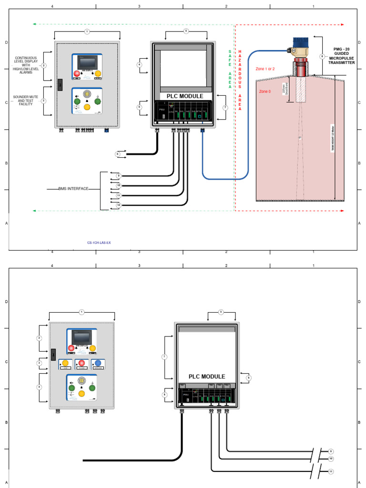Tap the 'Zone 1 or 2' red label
pos(265,69)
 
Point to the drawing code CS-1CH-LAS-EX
pos(99,243)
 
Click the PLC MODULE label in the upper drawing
pos(185,96)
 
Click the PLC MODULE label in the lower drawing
pos(207,376)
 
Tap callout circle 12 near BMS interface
pos(119,205)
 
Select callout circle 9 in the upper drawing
pos(119,176)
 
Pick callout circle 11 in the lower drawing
pos(331,471)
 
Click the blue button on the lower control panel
pos(99,364)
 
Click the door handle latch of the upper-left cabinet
pos(60,84)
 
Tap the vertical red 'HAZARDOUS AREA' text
pos(240,80)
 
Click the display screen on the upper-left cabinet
pos(87,61)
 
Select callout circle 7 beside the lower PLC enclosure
pos(164,356)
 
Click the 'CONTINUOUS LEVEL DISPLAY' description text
pos(26,65)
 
